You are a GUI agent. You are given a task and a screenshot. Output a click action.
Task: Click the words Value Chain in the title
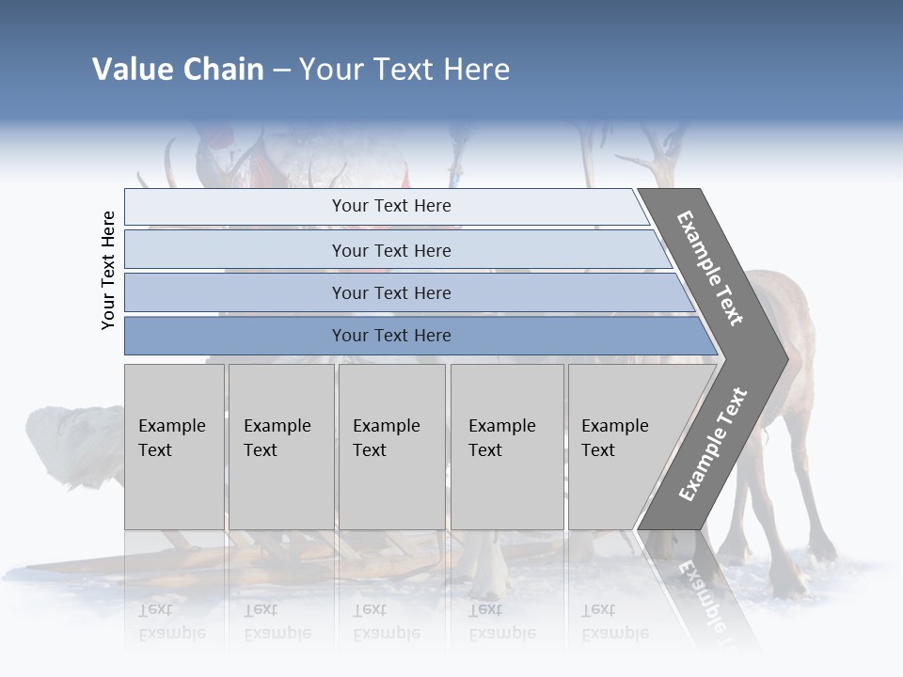(x=178, y=70)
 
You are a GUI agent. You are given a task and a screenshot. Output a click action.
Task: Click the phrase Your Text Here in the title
(x=404, y=70)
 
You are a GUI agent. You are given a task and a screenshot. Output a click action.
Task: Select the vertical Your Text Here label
(x=108, y=270)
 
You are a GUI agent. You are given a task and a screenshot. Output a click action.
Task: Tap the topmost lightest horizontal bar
(x=390, y=206)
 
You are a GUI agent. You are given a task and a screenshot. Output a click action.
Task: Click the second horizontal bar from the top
(x=390, y=250)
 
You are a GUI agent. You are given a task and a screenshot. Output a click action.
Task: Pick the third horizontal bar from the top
(x=390, y=293)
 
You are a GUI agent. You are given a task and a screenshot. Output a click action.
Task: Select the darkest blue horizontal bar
(x=390, y=336)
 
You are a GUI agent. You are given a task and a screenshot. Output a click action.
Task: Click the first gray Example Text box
(x=174, y=447)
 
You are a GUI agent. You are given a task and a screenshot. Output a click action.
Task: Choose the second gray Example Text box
(x=281, y=447)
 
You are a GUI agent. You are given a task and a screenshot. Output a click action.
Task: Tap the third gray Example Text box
(x=391, y=447)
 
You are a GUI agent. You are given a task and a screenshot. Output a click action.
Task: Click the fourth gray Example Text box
(x=507, y=447)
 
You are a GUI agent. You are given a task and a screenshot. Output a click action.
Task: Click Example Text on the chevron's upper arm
(x=710, y=268)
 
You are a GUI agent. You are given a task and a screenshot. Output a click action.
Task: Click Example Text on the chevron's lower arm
(x=712, y=445)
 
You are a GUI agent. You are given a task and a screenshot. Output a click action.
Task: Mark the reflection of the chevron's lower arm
(x=705, y=592)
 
